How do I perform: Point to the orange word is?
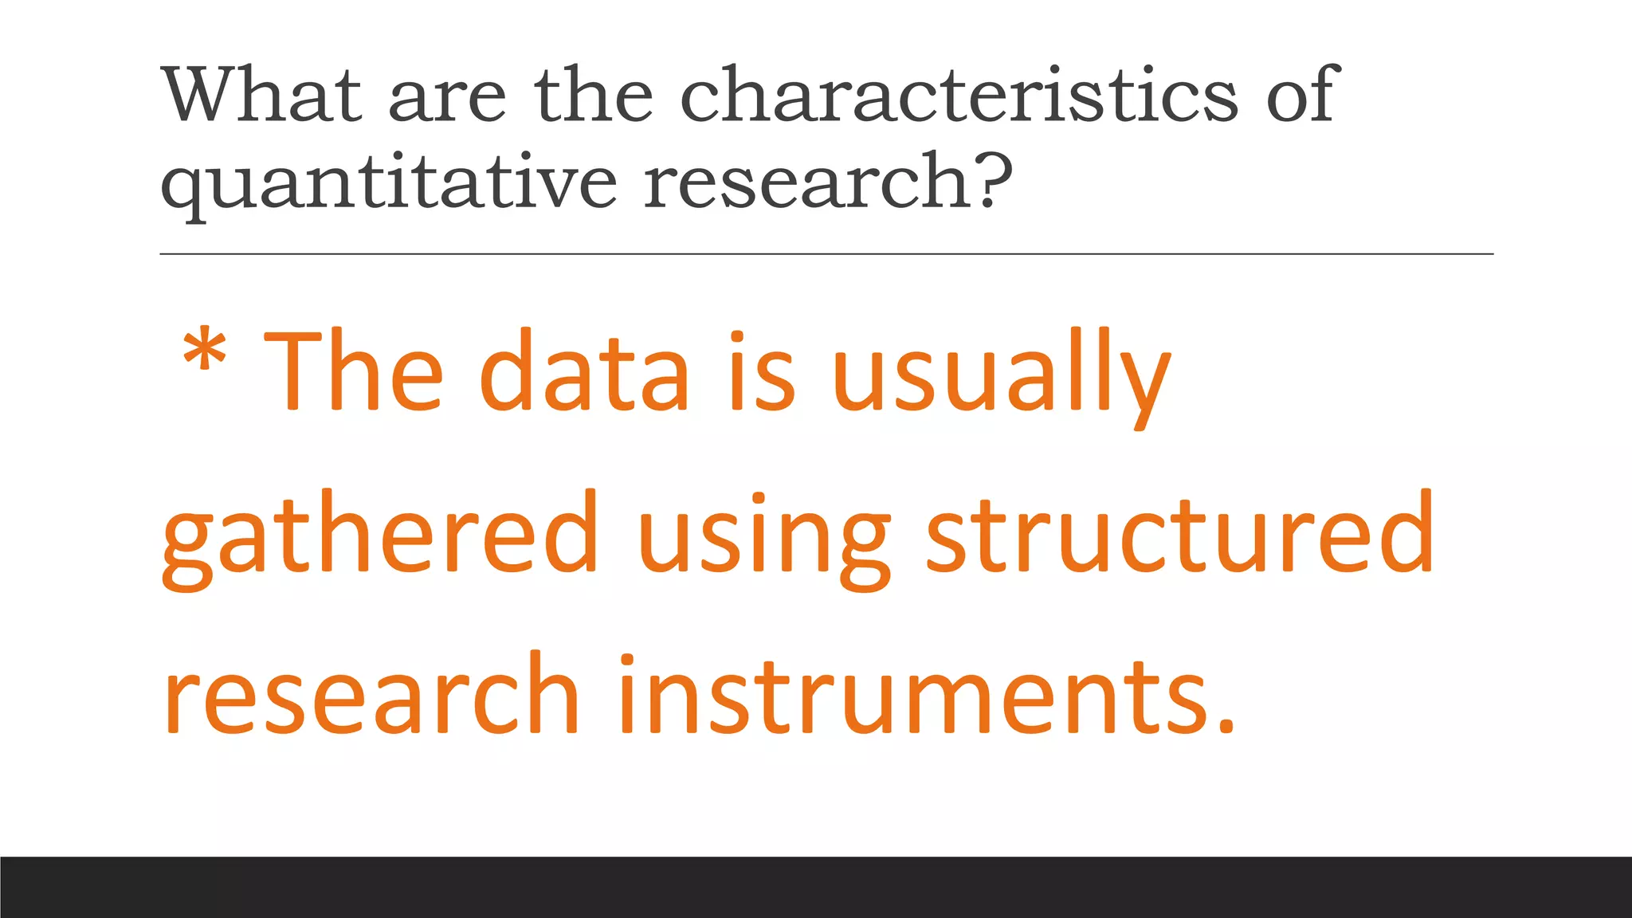pos(762,371)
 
